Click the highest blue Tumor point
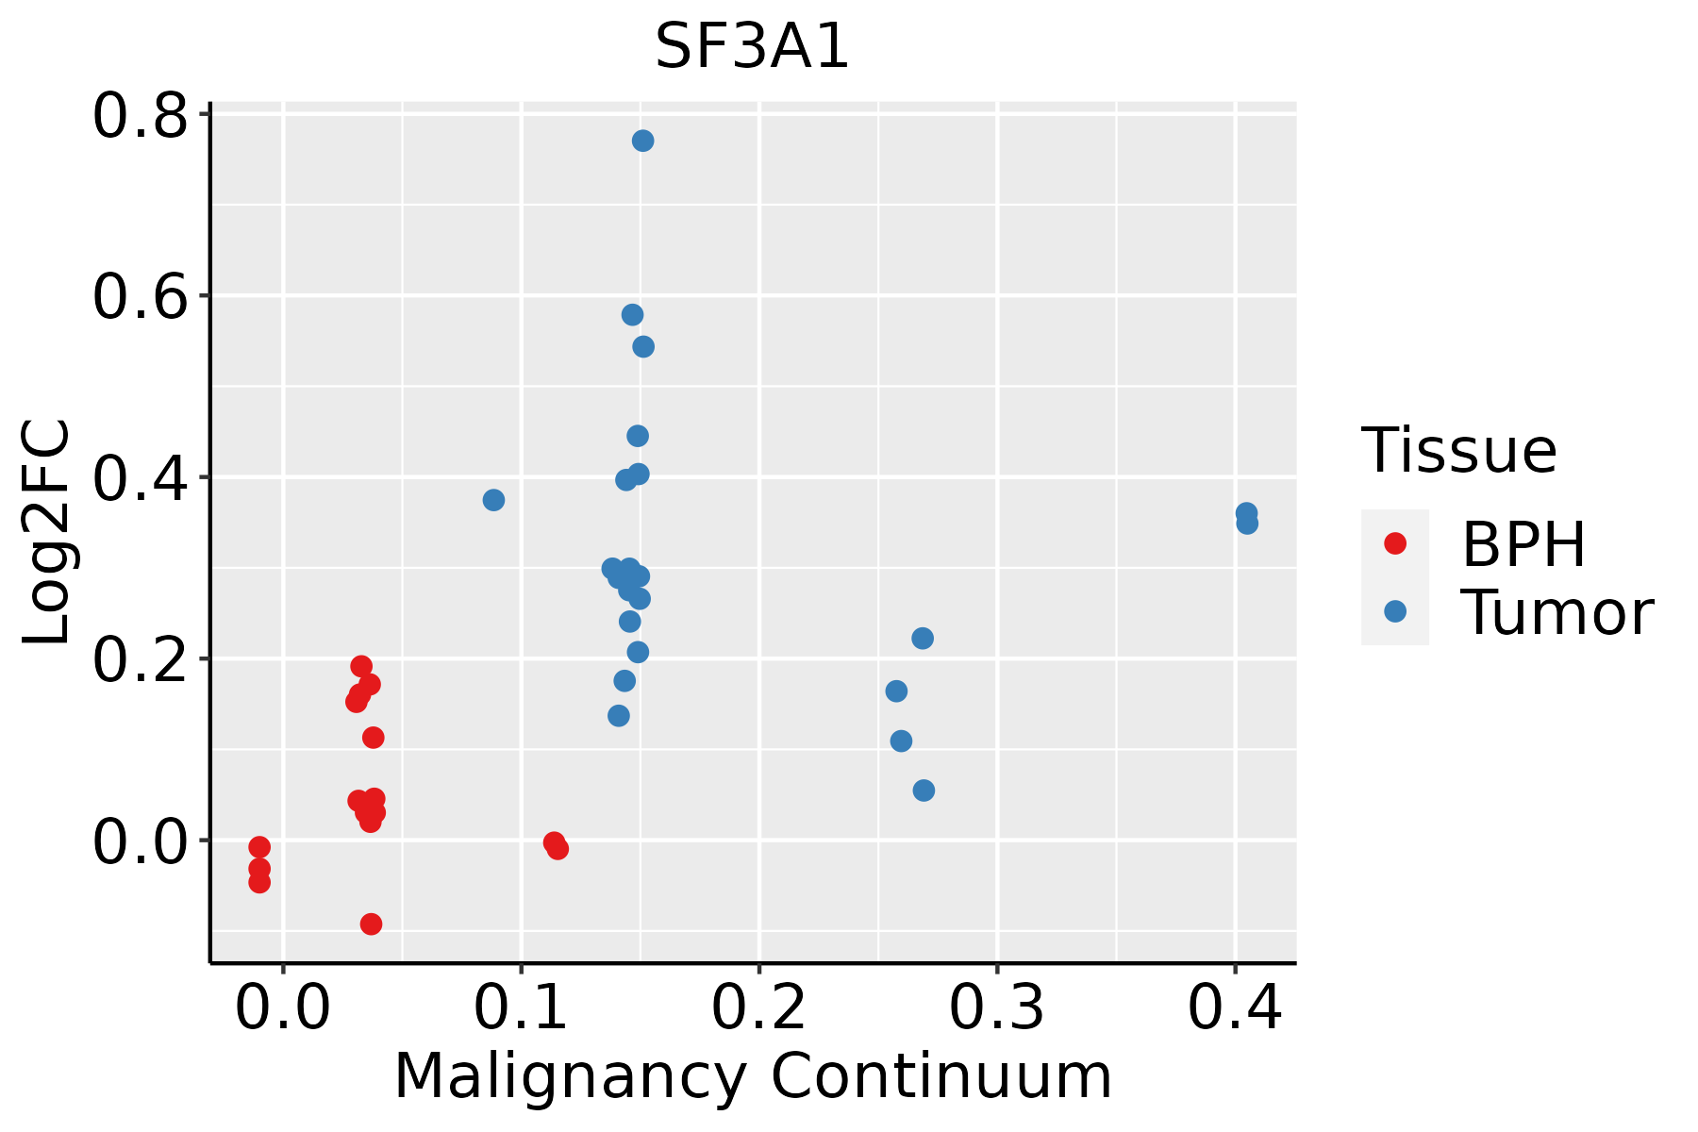[x=643, y=141]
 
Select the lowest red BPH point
[x=372, y=924]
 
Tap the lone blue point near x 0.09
[x=493, y=500]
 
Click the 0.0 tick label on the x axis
[x=283, y=1007]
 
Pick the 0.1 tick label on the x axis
[x=521, y=1007]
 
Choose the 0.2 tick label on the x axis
[x=758, y=1007]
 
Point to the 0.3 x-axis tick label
[x=996, y=1007]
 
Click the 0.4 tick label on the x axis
[x=1234, y=1007]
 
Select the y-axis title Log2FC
[x=47, y=532]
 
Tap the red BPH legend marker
[x=1395, y=543]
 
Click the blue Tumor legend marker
[x=1395, y=611]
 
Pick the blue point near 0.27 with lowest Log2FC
[x=924, y=791]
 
